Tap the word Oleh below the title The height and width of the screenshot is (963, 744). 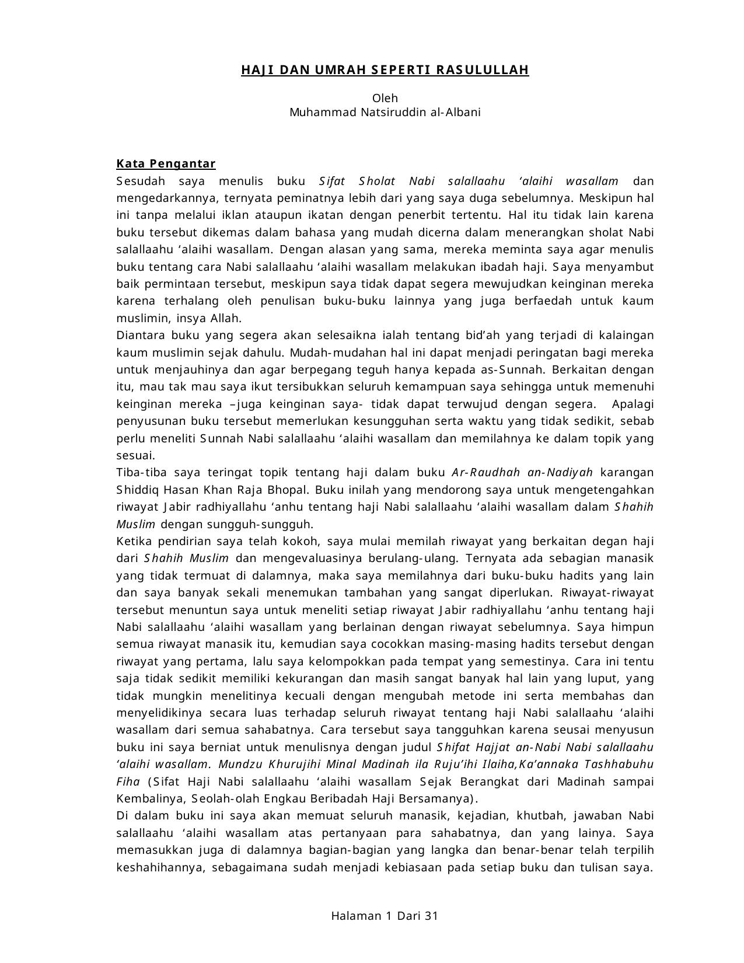pos(385,98)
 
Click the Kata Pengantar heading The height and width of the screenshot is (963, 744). pos(166,163)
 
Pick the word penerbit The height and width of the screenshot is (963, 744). pos(429,215)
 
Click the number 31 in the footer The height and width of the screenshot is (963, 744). pos(431,916)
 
